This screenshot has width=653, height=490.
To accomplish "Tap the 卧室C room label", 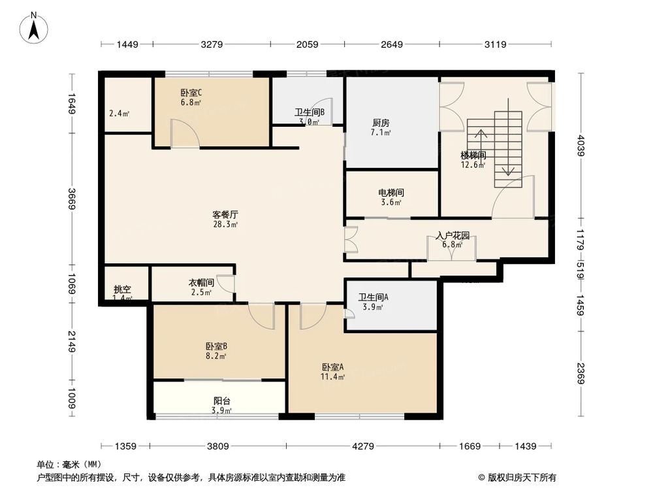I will (x=191, y=92).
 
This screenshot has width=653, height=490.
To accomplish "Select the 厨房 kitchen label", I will (x=381, y=123).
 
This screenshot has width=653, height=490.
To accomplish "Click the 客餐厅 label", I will (x=225, y=214).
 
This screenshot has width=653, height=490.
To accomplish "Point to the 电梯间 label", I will (x=390, y=193).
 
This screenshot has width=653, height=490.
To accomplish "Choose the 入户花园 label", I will (x=452, y=236).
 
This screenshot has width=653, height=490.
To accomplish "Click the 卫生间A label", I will (x=374, y=297).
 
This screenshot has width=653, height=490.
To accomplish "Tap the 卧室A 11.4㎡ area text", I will (x=333, y=377).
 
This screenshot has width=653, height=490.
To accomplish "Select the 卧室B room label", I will (x=215, y=346).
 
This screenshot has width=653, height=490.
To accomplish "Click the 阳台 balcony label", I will (x=221, y=401).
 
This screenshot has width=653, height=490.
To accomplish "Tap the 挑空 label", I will (x=122, y=289).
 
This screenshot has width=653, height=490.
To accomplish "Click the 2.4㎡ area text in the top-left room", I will (x=119, y=113).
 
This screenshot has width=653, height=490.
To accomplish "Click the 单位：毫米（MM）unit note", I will (x=67, y=465).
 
